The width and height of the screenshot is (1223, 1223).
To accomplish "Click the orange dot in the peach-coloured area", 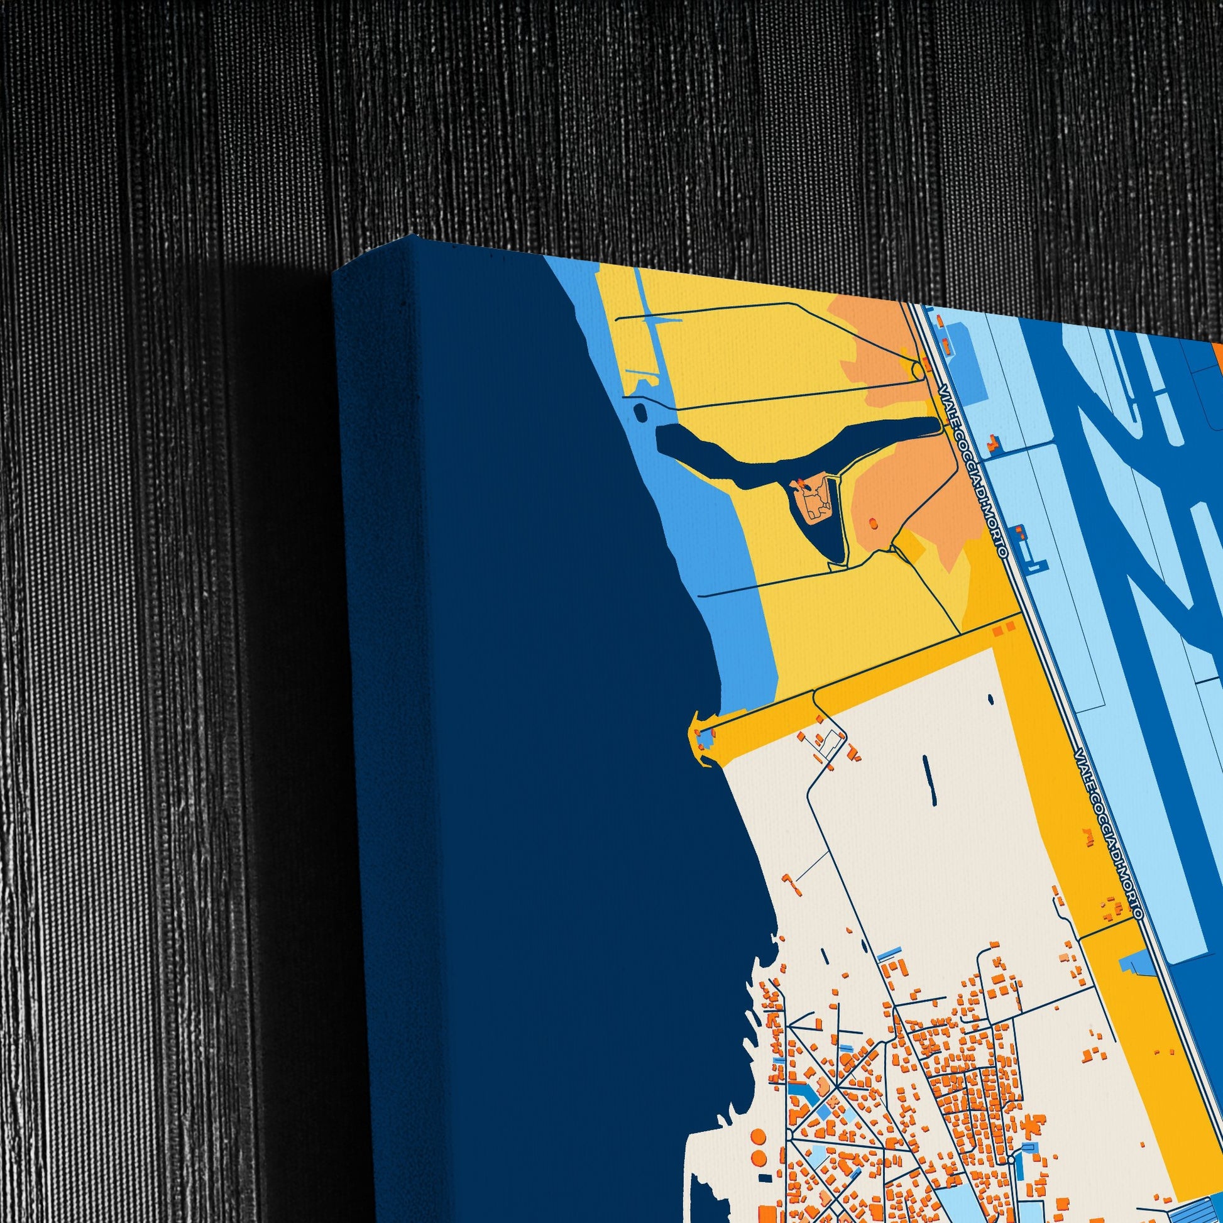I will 873,523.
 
